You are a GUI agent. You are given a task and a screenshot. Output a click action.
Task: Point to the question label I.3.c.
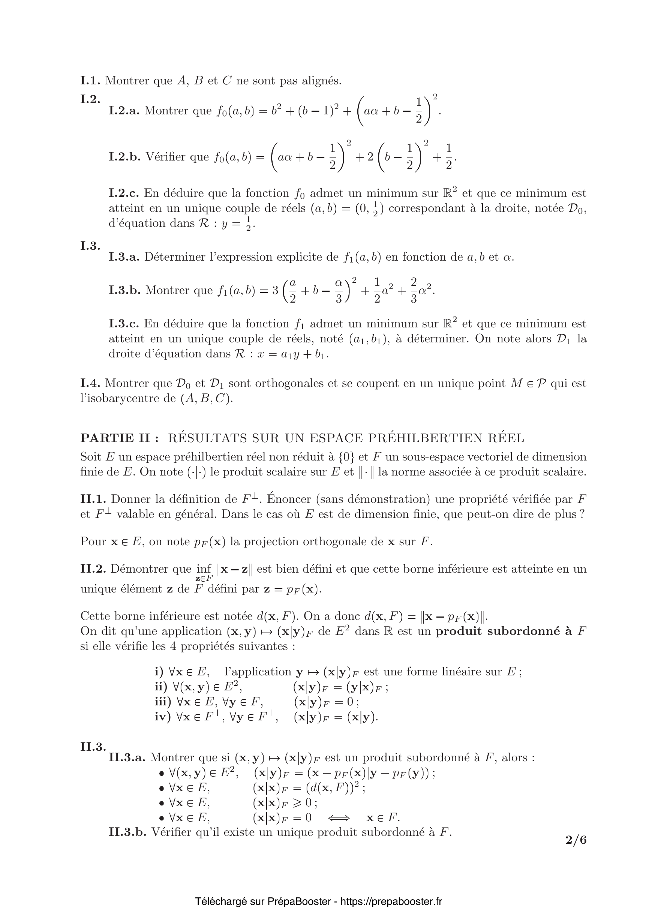point(123,324)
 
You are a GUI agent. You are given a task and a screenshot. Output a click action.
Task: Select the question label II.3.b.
point(127,832)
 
